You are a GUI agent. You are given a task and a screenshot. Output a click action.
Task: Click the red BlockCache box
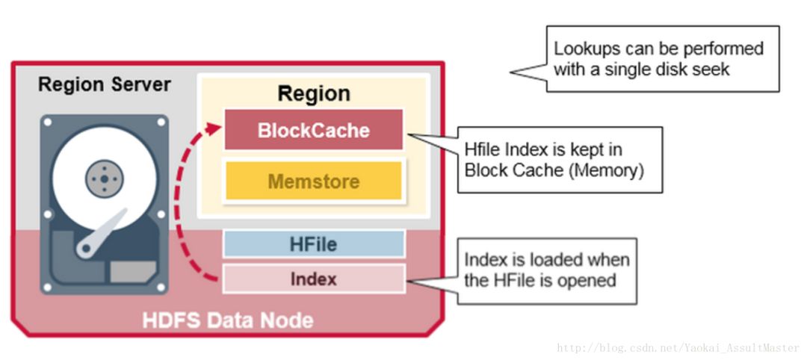[x=313, y=130]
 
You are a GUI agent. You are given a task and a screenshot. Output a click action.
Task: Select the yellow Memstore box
[x=313, y=181]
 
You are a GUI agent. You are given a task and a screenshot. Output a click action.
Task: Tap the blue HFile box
[x=313, y=243]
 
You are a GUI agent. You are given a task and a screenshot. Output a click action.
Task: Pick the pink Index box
[x=313, y=279]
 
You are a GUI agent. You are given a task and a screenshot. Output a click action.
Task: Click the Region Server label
[x=105, y=84]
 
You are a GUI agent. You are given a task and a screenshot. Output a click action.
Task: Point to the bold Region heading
[x=314, y=93]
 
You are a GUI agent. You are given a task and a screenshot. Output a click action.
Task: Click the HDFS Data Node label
[x=228, y=320]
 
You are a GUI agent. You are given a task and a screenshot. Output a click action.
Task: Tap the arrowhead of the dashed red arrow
[x=214, y=128]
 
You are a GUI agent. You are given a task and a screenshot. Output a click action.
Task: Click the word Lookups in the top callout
[x=587, y=49]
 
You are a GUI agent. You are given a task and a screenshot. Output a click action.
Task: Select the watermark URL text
[x=678, y=349]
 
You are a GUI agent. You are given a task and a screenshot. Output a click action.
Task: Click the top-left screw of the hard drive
[x=48, y=122]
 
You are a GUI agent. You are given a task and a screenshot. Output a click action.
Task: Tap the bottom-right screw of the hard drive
[x=161, y=287]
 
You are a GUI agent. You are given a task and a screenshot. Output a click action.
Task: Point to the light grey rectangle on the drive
[x=133, y=272]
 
